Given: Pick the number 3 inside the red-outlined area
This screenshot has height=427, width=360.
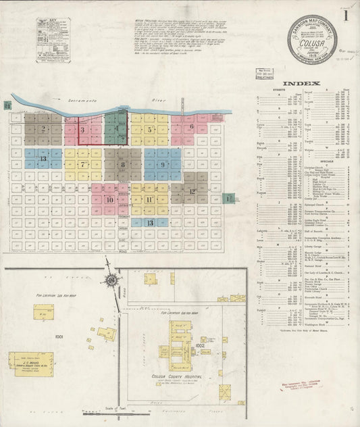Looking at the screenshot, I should click(x=82, y=130).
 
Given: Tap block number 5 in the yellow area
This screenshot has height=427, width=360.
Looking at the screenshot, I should click(x=149, y=128).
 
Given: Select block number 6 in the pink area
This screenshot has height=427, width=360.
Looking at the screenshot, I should click(x=192, y=126).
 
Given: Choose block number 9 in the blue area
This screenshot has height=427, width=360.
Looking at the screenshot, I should click(x=163, y=164).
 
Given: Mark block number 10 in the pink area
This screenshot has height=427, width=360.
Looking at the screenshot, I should click(x=109, y=200).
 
